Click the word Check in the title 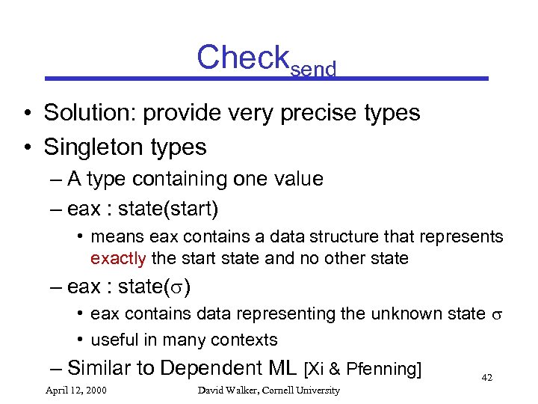click(242, 57)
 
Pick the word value click(295, 179)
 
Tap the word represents click(466, 237)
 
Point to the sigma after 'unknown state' click(497, 314)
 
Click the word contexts click(244, 340)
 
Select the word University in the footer click(317, 390)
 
